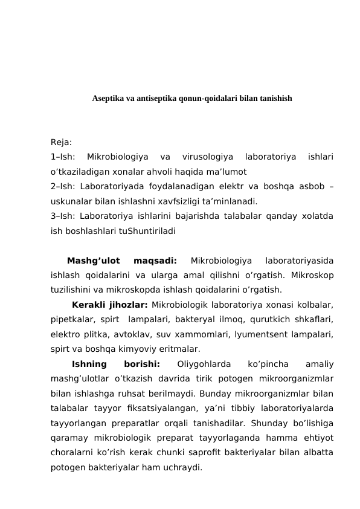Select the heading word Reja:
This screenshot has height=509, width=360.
pos(61,143)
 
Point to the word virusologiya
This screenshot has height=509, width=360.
pos(206,158)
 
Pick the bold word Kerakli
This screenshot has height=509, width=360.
pos(90,305)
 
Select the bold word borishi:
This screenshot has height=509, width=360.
pos(141,364)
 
